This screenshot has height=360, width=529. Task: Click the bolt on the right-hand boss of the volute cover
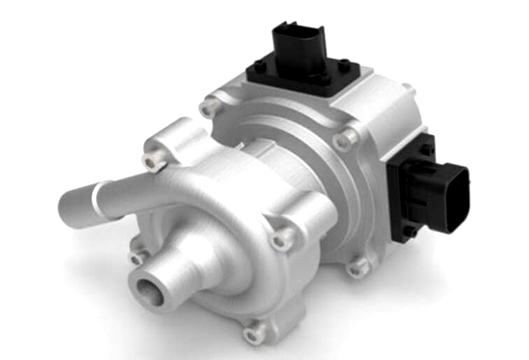point(281,240)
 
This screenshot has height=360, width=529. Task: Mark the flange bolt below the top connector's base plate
point(344,139)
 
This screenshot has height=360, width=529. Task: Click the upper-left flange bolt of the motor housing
point(209,108)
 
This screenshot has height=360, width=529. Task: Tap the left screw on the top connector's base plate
point(261,66)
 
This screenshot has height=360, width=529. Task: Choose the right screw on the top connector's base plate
point(343,65)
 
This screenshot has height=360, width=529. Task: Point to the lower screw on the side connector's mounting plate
point(408,229)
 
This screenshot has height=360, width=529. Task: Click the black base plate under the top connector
point(302,77)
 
